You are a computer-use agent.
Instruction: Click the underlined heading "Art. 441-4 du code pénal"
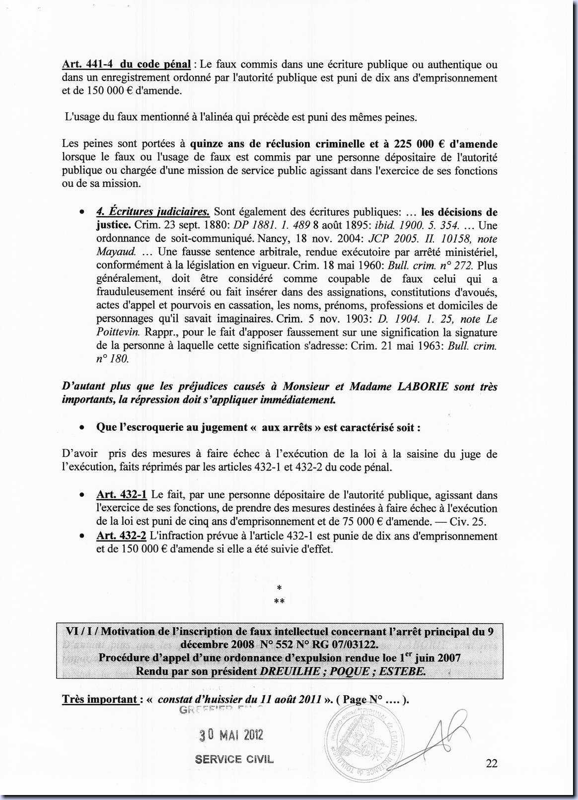126,64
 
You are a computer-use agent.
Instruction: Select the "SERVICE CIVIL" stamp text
234,759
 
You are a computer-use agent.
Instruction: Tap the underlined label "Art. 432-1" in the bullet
121,495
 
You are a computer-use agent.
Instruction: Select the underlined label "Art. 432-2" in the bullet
121,536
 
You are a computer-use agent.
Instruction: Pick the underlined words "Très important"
99,699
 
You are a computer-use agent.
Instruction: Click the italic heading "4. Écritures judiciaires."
153,212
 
